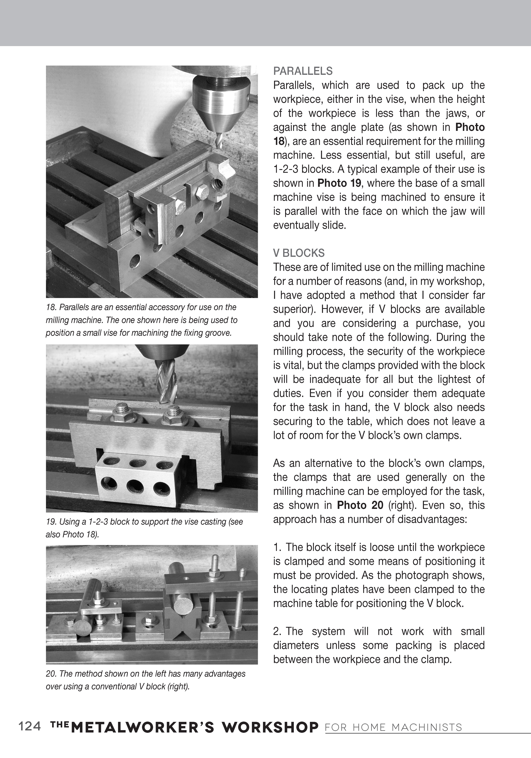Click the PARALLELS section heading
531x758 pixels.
click(303, 71)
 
